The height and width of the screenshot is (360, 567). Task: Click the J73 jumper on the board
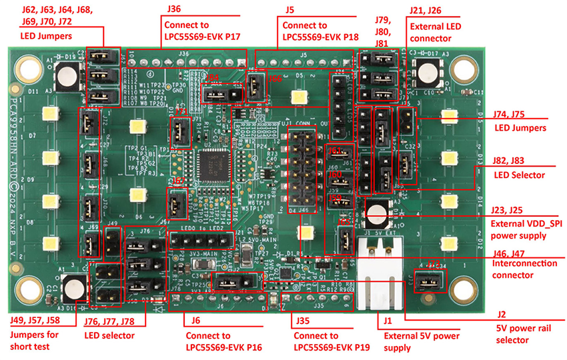coord(427,281)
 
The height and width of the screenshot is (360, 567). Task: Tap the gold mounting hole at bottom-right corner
coord(462,287)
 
